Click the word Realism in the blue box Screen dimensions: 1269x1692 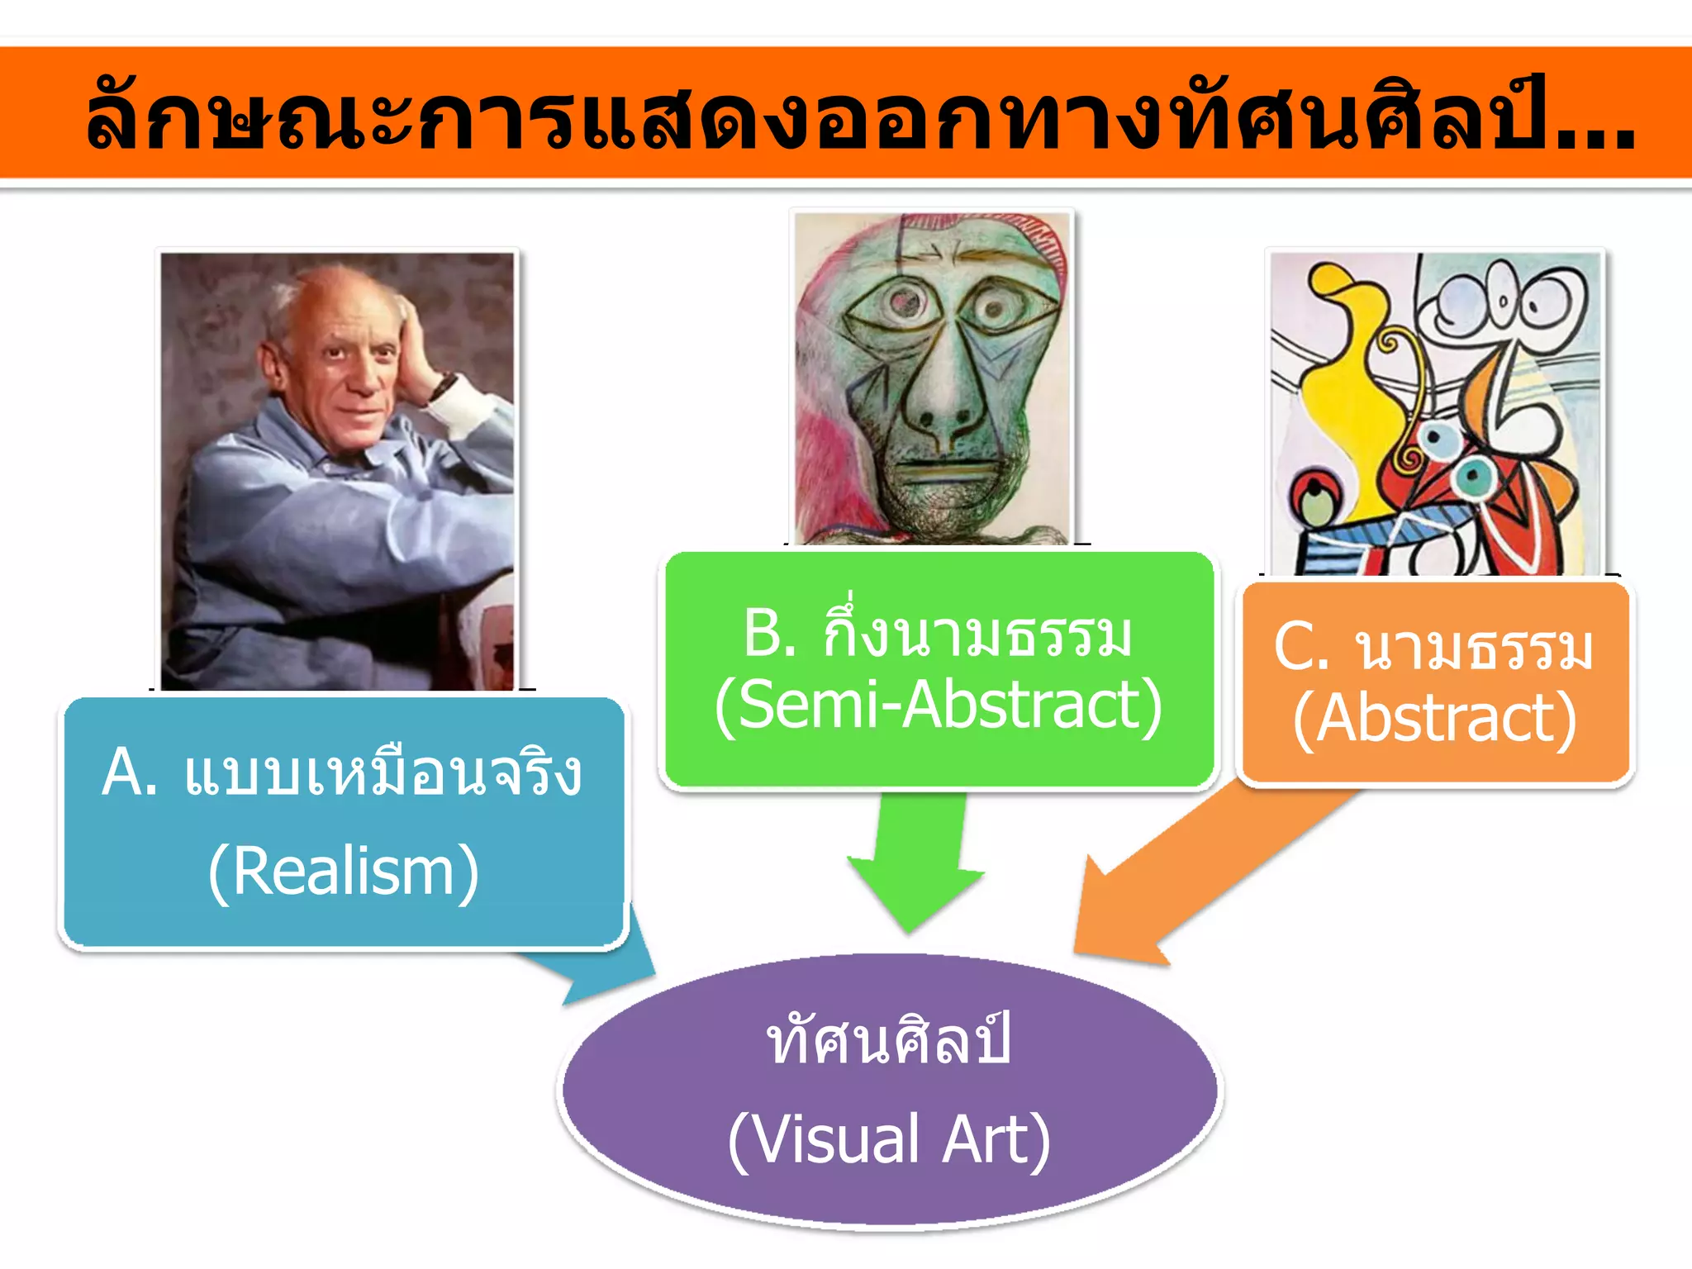pos(344,872)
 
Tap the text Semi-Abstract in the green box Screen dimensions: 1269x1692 pos(939,705)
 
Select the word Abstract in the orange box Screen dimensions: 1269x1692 pos(1436,719)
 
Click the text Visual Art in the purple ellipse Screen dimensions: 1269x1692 pos(889,1140)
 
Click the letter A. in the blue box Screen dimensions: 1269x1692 pos(129,772)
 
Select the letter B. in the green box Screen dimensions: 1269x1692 pos(769,634)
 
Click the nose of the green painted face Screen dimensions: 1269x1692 pos(942,397)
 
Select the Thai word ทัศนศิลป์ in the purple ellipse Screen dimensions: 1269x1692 pos(889,1043)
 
